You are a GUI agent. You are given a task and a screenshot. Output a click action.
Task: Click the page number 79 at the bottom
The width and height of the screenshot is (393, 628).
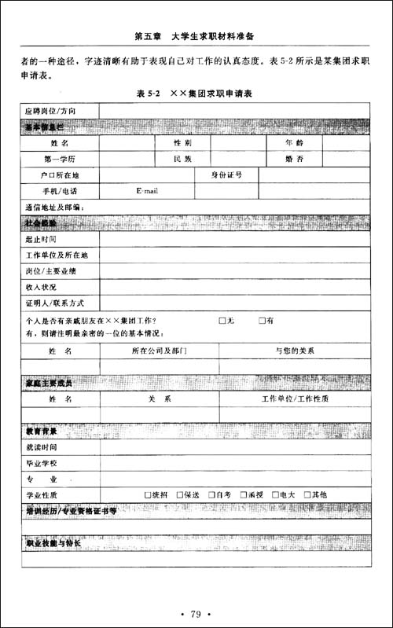[x=196, y=614]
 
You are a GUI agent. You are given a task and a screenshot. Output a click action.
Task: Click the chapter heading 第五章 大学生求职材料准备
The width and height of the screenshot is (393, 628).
[x=196, y=36]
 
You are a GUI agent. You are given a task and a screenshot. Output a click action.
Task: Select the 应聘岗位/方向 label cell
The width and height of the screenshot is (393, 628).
[x=51, y=111]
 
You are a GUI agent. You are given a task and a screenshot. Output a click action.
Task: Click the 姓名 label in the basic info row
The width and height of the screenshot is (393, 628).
[x=60, y=143]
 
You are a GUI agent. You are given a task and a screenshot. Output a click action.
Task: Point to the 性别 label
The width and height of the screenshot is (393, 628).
[x=182, y=143]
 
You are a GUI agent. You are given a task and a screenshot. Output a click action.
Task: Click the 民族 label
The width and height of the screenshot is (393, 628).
[x=182, y=160]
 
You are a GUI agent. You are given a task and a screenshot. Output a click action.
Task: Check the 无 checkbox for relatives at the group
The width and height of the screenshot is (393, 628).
[x=222, y=321]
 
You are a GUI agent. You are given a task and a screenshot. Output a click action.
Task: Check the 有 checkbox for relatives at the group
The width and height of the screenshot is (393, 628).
[x=263, y=321]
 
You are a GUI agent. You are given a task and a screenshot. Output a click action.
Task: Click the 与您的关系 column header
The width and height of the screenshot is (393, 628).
[x=295, y=350]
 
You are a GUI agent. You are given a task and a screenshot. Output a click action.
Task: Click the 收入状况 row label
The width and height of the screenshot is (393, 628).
[x=42, y=287]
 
